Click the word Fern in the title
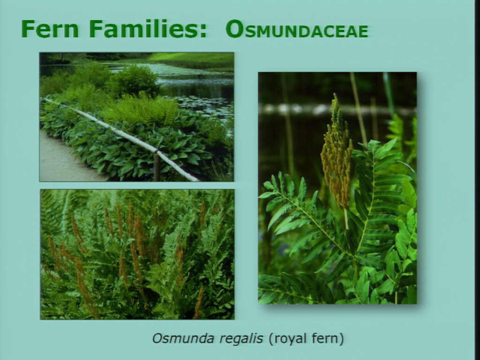pyautogui.click(x=50, y=29)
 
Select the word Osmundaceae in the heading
pyautogui.click(x=297, y=30)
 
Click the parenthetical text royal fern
pyautogui.click(x=306, y=339)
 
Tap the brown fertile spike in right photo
pyautogui.click(x=337, y=153)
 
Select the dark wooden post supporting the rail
pyautogui.click(x=157, y=167)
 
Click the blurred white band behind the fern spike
pyautogui.click(x=337, y=109)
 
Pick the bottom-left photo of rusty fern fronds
pyautogui.click(x=137, y=255)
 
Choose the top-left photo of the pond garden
pyautogui.click(x=136, y=117)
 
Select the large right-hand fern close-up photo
pyautogui.click(x=337, y=188)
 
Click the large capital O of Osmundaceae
pyautogui.click(x=235, y=29)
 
